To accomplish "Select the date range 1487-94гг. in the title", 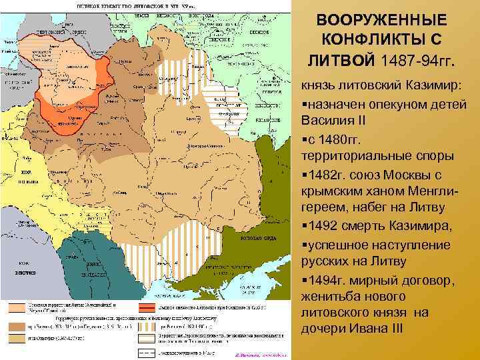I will point(418,62).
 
